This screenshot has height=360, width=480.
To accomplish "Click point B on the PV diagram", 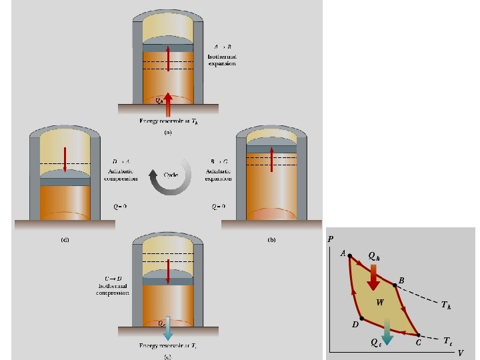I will pos(395,285).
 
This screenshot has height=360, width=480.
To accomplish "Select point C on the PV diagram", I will pos(418,335).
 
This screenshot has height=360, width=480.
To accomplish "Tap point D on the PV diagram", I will pos(361,318).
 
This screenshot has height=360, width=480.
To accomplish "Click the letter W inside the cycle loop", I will pos(380,302).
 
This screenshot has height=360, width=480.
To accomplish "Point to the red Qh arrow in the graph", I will pos(373,276).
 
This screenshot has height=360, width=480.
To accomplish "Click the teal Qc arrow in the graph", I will pos(387,331).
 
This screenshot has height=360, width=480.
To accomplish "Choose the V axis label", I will pos(461,354).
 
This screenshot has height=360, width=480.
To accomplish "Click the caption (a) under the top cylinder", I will pos(168,134).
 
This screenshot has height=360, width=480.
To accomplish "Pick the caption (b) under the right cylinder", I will pos(271,239).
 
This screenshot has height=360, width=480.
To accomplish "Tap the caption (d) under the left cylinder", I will pos(64,239).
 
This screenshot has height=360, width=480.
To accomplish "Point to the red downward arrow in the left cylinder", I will pos(65,160).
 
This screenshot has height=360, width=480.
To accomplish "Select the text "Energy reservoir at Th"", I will pos(167,121).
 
